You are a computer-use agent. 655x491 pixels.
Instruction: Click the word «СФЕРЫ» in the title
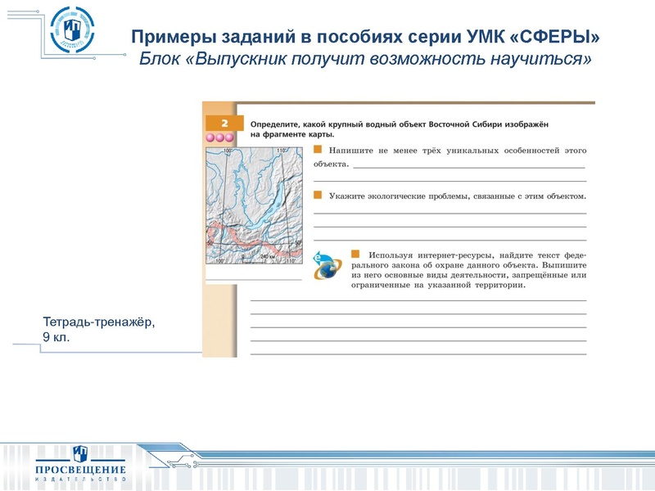click(559, 38)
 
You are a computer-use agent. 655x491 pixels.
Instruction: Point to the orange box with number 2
click(219, 123)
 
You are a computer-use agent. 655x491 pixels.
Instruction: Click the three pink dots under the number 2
click(219, 137)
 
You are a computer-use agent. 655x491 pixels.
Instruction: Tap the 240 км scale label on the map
click(268, 256)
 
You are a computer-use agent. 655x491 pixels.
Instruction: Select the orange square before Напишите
click(318, 150)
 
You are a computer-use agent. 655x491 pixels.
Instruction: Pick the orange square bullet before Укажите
click(318, 195)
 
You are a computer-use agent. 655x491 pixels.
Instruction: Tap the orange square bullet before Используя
click(355, 254)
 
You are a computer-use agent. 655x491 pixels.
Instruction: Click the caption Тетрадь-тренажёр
click(98, 322)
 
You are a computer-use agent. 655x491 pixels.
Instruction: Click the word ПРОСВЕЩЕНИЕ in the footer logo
click(80, 470)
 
